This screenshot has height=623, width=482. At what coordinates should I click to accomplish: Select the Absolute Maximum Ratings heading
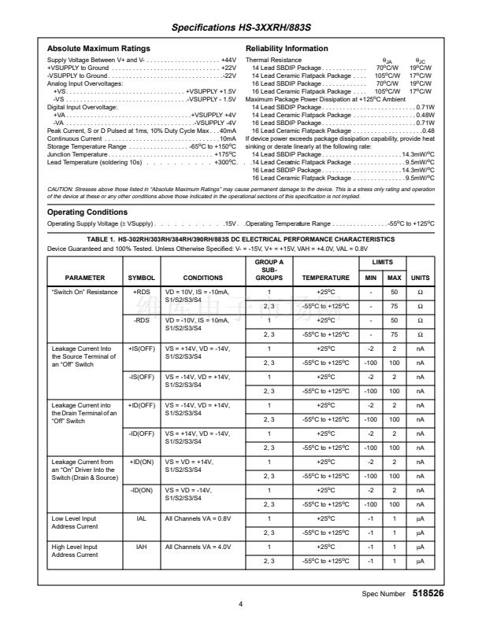coord(98,49)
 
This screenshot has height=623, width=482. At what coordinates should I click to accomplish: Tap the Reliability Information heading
coord(287,49)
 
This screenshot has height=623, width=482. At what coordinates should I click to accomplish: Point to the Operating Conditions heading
coord(87,212)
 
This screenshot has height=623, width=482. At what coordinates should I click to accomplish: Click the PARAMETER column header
coord(84,278)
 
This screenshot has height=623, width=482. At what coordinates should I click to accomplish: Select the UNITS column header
coord(421,278)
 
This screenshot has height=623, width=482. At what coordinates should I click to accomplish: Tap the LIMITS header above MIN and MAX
coord(382,260)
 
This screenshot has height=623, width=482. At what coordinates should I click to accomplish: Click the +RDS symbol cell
coord(142,292)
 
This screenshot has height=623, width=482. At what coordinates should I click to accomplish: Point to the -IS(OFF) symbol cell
coord(142,377)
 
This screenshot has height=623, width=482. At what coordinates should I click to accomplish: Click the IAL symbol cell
coord(142,518)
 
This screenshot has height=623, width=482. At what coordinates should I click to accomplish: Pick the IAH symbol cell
coord(142,547)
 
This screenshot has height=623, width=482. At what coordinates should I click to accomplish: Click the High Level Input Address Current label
coord(75,551)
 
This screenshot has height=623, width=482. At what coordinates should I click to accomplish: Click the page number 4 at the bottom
coord(241,605)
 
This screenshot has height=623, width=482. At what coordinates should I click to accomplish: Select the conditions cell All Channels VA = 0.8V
coord(196,518)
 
